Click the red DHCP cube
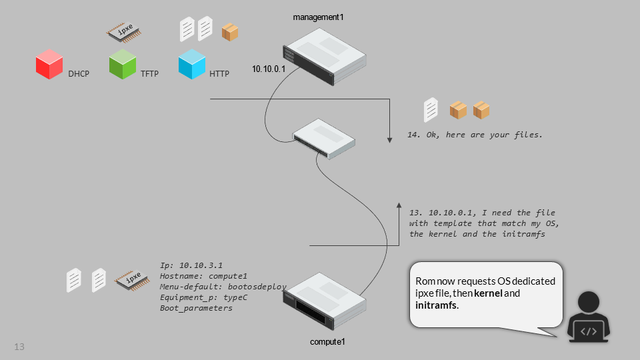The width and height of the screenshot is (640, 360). point(49,65)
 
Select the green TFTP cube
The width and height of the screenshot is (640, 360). point(122,65)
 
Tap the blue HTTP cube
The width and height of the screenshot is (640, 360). point(191,65)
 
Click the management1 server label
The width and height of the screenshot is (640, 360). point(319,17)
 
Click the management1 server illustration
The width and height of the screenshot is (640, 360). point(325,59)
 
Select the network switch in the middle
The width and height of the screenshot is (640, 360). point(324,137)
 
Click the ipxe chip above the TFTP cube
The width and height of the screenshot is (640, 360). point(126,31)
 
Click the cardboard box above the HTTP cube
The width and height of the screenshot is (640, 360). point(230,31)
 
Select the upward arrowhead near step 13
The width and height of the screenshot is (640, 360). point(399,205)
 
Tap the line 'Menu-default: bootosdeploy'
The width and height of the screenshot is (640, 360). point(223,287)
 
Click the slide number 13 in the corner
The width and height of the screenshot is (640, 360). point(19,347)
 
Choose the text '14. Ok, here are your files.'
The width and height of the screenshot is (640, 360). point(475,135)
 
